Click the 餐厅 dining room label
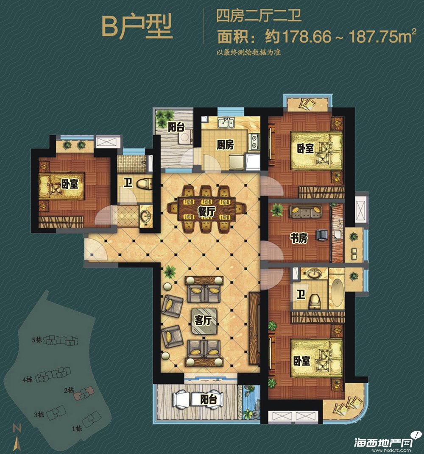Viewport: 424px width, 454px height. (206, 212)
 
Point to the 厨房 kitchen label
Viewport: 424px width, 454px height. (225, 144)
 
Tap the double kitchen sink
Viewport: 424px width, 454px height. (226, 123)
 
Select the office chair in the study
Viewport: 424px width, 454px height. (322, 235)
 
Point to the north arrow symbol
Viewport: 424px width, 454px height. (17, 437)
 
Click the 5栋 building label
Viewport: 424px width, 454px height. (37, 340)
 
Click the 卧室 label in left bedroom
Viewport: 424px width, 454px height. (70, 183)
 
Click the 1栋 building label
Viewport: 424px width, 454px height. (77, 428)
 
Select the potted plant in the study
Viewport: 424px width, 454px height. (276, 210)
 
